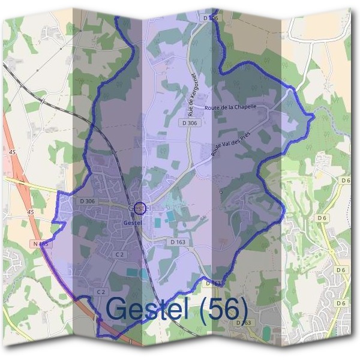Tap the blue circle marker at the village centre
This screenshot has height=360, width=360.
tap(139, 208)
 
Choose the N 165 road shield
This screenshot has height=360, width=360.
tap(41, 244)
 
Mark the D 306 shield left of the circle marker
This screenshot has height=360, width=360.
tap(87, 201)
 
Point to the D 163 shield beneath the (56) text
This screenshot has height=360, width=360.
tap(244, 323)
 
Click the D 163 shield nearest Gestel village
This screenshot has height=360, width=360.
tap(178, 242)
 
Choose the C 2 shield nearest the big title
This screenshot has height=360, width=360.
tap(101, 291)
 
